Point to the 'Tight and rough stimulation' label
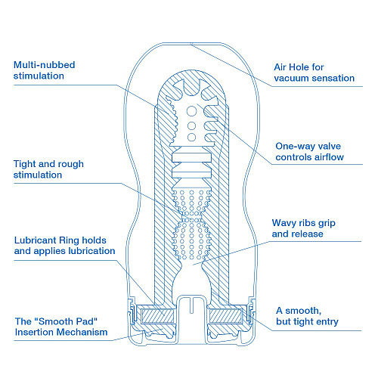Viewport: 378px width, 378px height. pos(49,169)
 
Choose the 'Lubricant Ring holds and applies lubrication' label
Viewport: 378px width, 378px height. pos(64,244)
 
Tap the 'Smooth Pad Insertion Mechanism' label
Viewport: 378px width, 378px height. pos(60,327)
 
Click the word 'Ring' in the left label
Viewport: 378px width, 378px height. pos(73,239)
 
